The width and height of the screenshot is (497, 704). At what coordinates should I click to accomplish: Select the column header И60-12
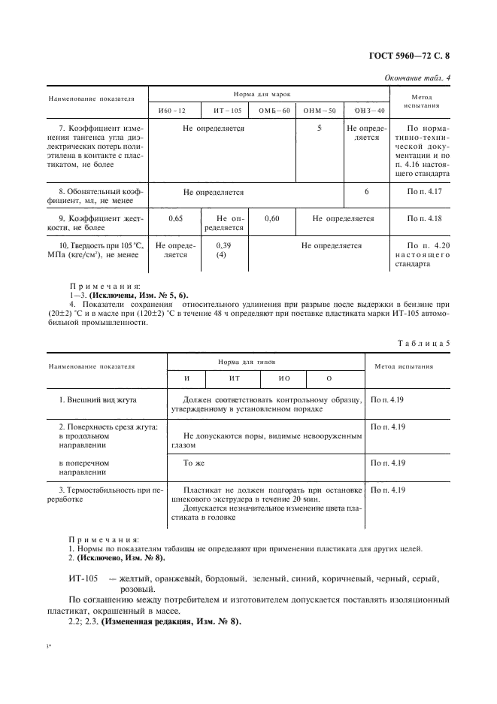tap(171, 111)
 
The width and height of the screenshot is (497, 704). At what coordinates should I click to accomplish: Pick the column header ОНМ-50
tap(319, 111)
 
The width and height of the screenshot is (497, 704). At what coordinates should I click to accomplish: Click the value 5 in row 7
tap(320, 129)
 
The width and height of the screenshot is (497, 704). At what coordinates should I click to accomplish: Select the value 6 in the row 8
tap(366, 192)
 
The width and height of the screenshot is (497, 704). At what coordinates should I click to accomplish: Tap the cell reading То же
tap(193, 463)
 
